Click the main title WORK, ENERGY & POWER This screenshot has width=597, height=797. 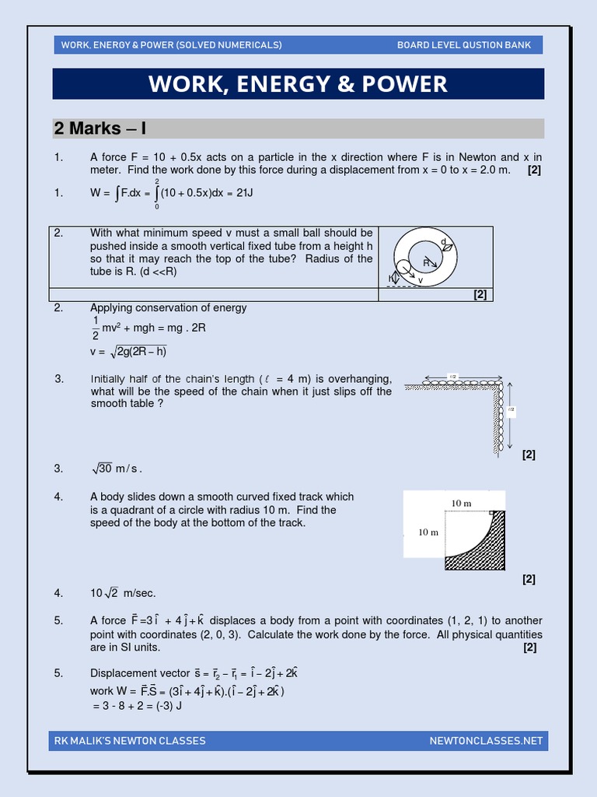click(298, 84)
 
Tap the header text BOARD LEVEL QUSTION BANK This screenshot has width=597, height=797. click(464, 45)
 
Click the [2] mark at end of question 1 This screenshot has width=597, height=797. click(534, 170)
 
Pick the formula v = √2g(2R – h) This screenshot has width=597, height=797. click(129, 352)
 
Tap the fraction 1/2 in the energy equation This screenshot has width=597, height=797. click(96, 328)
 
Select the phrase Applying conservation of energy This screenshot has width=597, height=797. click(168, 307)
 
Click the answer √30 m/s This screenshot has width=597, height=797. click(117, 469)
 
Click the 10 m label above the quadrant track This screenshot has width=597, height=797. click(462, 504)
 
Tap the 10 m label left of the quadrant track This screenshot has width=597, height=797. click(428, 532)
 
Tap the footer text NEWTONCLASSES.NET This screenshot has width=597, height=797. click(486, 740)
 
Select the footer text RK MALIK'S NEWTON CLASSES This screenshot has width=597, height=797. click(129, 740)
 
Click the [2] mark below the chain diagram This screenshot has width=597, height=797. click(529, 455)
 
